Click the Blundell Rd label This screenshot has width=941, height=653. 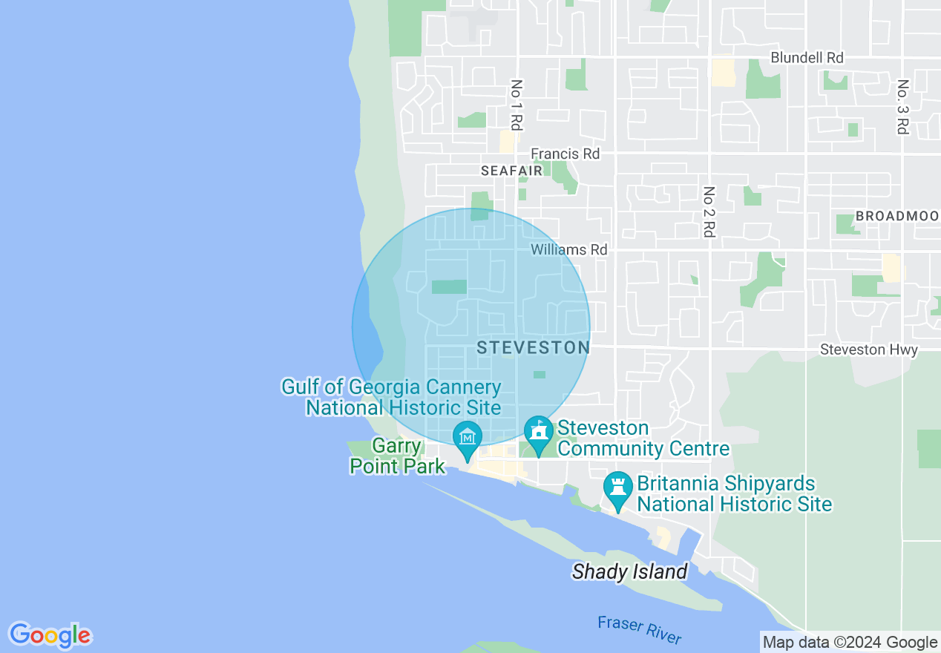click(x=807, y=58)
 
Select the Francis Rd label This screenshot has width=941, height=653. click(x=565, y=154)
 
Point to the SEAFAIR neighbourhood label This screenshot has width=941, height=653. click(x=511, y=171)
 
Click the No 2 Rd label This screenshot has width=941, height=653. click(x=709, y=211)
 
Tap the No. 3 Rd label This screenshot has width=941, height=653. click(x=902, y=108)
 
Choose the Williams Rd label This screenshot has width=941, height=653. click(x=568, y=250)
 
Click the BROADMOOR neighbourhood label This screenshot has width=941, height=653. click(x=897, y=216)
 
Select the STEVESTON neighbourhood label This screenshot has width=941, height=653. click(x=533, y=347)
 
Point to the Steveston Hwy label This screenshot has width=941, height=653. click(x=868, y=350)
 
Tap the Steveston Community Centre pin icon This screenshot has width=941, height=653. click(x=538, y=433)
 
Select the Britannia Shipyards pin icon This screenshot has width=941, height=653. click(x=617, y=489)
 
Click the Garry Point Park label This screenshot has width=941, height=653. click(x=398, y=456)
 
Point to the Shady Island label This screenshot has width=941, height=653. click(x=629, y=572)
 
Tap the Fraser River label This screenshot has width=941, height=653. click(x=638, y=629)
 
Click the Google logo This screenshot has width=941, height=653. click(x=50, y=635)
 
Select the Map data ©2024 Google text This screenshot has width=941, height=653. click(x=850, y=643)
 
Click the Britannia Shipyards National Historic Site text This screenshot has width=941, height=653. click(x=734, y=494)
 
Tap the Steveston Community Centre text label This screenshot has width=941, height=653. click(x=643, y=439)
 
